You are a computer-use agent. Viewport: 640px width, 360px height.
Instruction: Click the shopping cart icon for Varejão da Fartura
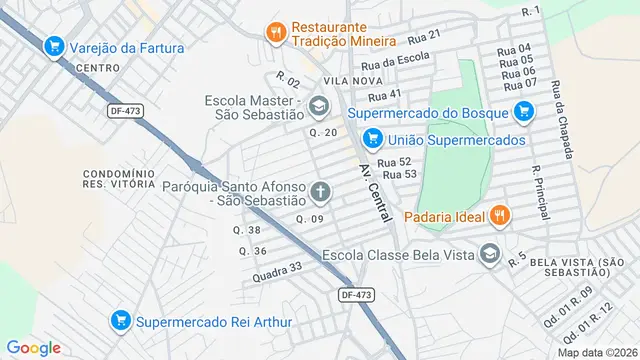coord(54,46)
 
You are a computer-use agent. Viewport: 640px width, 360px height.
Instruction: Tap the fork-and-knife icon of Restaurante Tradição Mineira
coord(276,33)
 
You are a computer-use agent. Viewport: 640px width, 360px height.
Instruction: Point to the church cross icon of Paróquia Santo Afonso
coord(321,191)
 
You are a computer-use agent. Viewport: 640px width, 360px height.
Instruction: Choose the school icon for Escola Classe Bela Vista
coord(489,254)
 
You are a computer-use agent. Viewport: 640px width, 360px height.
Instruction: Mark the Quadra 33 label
coord(277,271)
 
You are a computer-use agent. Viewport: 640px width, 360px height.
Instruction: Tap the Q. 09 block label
coord(310,218)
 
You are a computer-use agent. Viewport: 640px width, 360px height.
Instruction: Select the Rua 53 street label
coord(398,174)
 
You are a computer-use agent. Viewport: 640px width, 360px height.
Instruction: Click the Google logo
coord(34,347)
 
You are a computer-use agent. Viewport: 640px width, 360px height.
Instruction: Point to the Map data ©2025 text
coord(596,352)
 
